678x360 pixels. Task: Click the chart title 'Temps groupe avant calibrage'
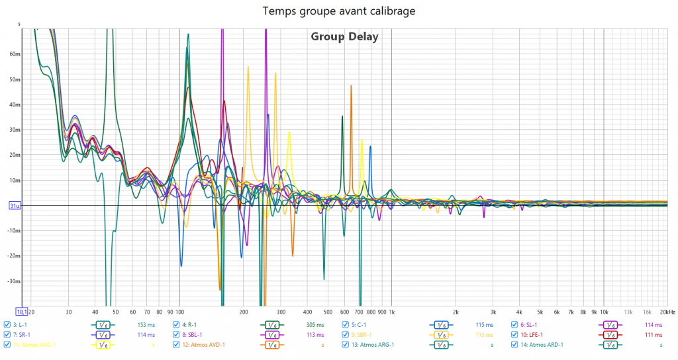pos(338,11)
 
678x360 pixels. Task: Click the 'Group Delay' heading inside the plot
pos(344,36)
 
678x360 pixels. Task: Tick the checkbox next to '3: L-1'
pos(7,325)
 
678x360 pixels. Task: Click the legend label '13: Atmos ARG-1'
pos(373,345)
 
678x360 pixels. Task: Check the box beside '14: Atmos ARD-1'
pos(514,345)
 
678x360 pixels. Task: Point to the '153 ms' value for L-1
pos(146,325)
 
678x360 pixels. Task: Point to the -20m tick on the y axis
pos(14,256)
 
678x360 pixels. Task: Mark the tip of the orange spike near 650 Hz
pos(351,85)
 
